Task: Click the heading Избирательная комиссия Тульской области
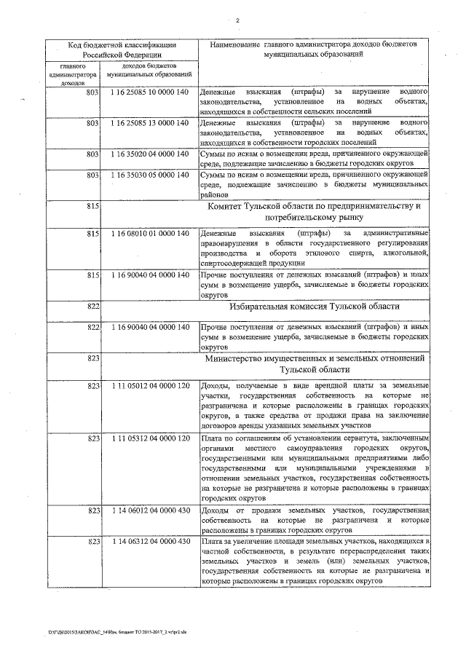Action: tap(314, 308)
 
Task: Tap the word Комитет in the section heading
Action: tap(230, 207)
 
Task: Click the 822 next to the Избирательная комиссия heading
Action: tap(92, 308)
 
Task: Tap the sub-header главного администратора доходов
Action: tap(72, 74)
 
